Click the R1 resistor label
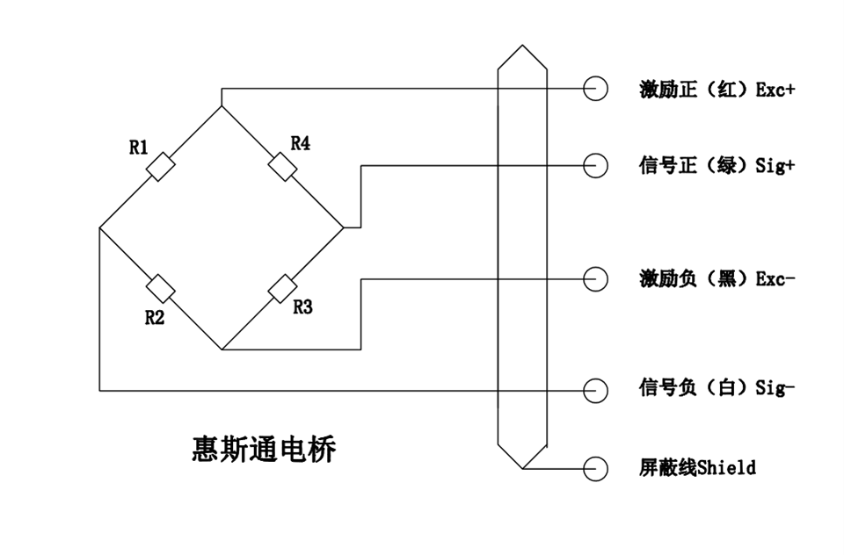pyautogui.click(x=139, y=148)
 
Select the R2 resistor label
pyautogui.click(x=155, y=317)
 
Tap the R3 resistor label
pyautogui.click(x=302, y=307)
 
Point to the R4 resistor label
pyautogui.click(x=300, y=143)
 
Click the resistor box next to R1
pyautogui.click(x=162, y=167)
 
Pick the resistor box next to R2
pyautogui.click(x=161, y=288)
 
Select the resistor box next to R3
pyautogui.click(x=281, y=288)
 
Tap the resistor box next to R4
pyautogui.click(x=281, y=166)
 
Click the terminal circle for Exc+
pyautogui.click(x=595, y=89)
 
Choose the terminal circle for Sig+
pyautogui.click(x=595, y=165)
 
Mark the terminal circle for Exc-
pyautogui.click(x=595, y=278)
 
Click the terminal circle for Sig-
pyautogui.click(x=595, y=389)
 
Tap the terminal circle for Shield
pyautogui.click(x=595, y=467)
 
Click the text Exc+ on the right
pyautogui.click(x=775, y=90)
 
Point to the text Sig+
pyautogui.click(x=775, y=165)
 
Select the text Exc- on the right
pyautogui.click(x=775, y=278)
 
